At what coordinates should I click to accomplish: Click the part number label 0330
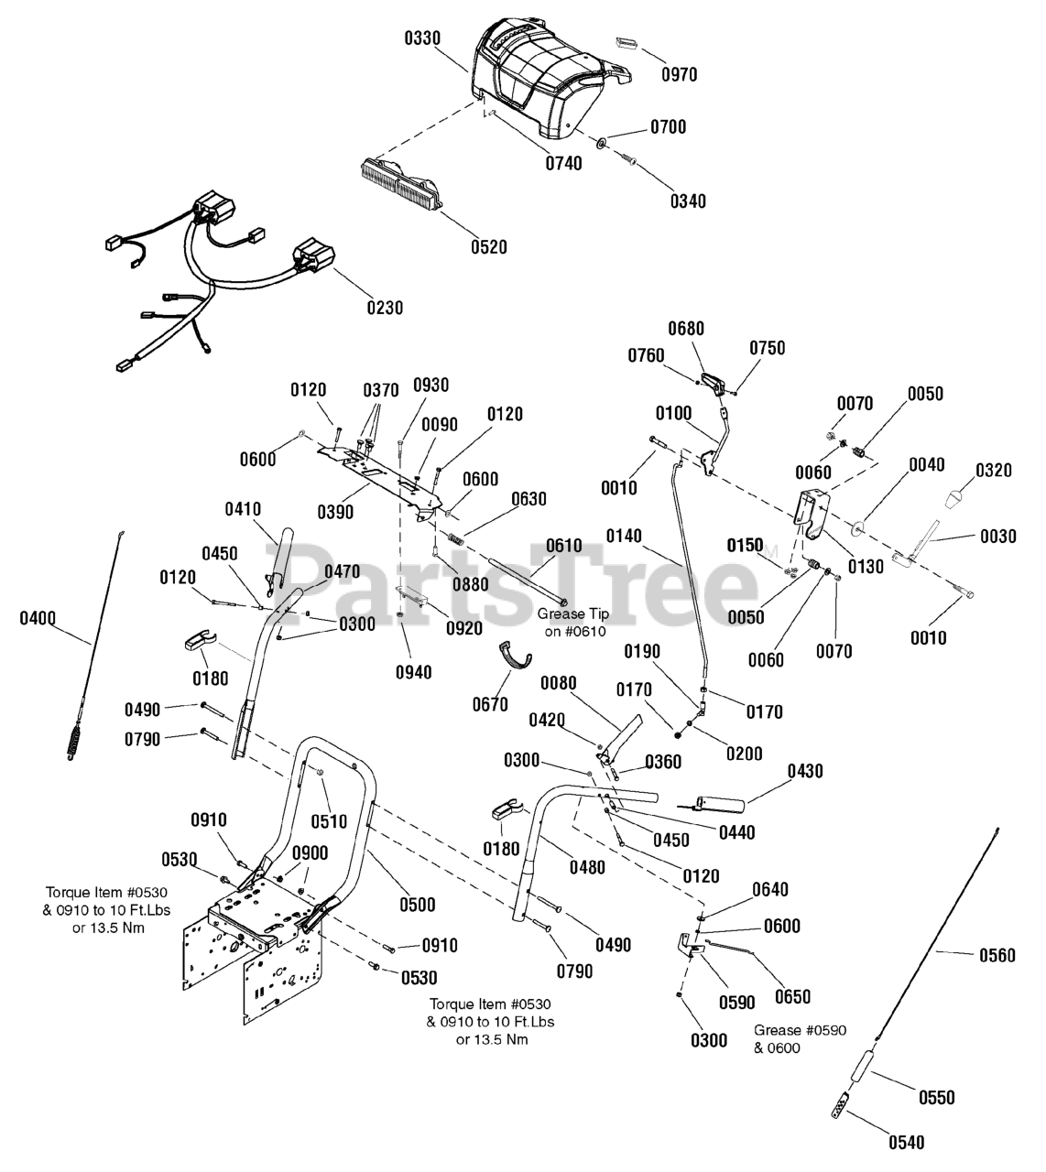click(422, 38)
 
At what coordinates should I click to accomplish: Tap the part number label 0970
click(680, 75)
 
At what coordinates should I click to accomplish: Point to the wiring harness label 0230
click(385, 307)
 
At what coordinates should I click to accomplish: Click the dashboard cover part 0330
click(550, 78)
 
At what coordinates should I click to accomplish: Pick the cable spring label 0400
click(38, 618)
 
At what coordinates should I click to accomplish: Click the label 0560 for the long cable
click(997, 955)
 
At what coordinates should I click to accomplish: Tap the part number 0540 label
click(907, 1143)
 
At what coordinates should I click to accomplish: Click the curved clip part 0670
click(515, 656)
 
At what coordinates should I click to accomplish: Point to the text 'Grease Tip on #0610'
click(573, 623)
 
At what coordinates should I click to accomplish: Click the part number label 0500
click(418, 904)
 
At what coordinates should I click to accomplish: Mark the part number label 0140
click(624, 536)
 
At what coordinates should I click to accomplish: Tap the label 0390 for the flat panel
click(336, 511)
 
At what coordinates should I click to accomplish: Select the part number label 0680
click(686, 329)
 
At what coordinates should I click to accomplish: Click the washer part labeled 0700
click(602, 142)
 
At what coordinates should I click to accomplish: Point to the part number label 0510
click(329, 821)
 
